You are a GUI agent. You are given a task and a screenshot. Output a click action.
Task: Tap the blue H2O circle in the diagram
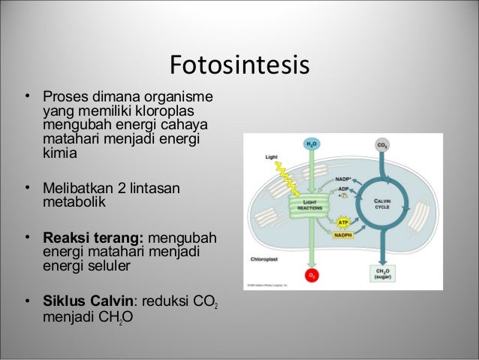tap(309, 144)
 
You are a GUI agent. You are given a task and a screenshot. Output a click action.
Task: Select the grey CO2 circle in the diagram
tap(381, 144)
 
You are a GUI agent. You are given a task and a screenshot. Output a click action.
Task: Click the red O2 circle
tap(309, 277)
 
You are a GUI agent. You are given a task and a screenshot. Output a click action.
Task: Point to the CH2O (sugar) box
tap(382, 274)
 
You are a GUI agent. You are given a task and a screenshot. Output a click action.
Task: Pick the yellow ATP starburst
tap(342, 222)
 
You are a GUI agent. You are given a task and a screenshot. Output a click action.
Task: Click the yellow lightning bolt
tap(284, 178)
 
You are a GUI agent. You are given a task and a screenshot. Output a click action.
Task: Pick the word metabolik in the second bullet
tap(75, 202)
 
